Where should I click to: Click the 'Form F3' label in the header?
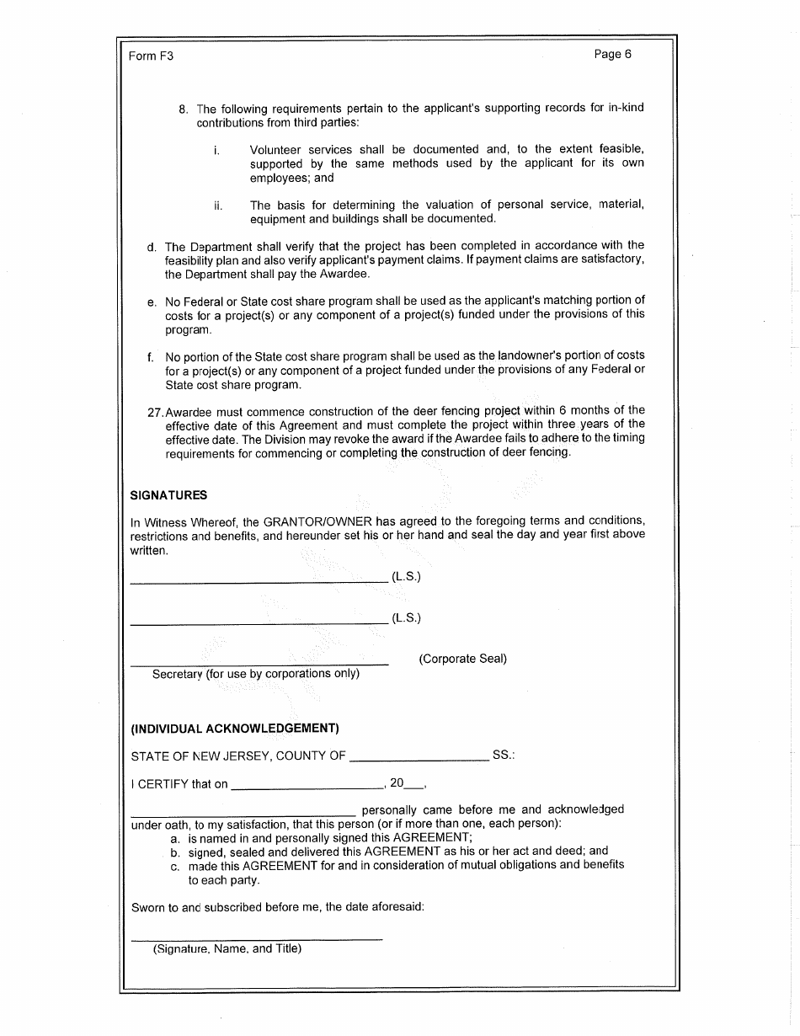point(151,56)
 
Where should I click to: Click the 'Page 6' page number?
point(612,55)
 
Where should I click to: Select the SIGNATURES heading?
point(168,495)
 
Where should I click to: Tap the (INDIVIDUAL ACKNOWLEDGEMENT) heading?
point(235,728)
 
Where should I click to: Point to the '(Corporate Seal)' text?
point(462,659)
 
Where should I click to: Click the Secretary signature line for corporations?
point(259,665)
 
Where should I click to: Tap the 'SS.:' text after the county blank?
point(504,756)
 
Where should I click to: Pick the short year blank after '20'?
point(414,788)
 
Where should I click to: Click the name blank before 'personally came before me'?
point(243,814)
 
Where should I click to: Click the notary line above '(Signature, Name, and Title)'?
point(257,938)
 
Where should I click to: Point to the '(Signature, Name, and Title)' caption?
point(227,948)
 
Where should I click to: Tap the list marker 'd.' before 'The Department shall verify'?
point(152,247)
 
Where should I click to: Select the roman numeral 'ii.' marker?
point(218,205)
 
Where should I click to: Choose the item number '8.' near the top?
point(184,109)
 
